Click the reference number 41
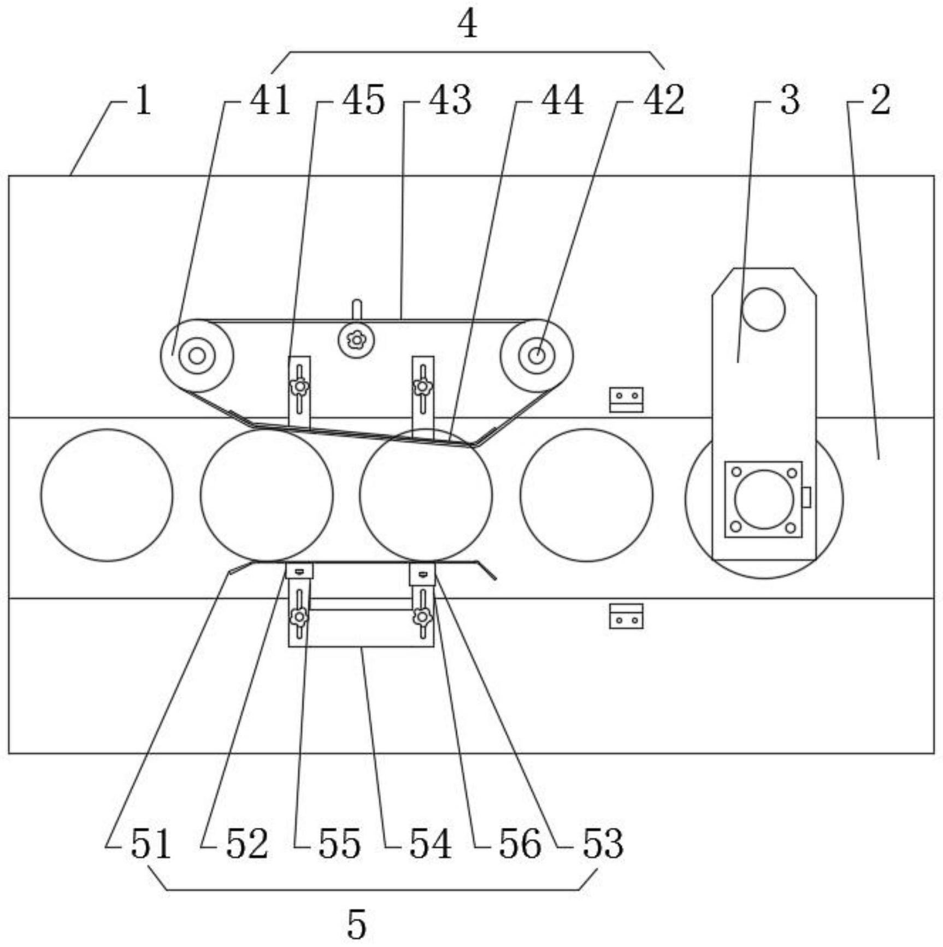tap(270, 101)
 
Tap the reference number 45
tap(363, 101)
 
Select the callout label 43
tap(450, 101)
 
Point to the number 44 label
tap(562, 101)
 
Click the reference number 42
tap(664, 101)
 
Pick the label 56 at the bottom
tap(520, 844)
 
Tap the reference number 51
tap(151, 844)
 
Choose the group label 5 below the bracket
tap(356, 925)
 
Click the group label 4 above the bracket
tap(467, 25)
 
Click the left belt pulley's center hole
tap(197, 356)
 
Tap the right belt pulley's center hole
tap(537, 356)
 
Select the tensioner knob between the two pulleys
tap(356, 340)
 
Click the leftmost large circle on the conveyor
tap(107, 495)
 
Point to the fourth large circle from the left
tap(586, 495)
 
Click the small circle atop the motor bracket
tap(763, 309)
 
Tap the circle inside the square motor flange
tap(764, 499)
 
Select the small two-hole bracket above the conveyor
tap(626, 400)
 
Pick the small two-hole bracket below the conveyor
tap(626, 616)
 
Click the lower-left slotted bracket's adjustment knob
tap(299, 617)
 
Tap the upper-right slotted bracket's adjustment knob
tap(422, 387)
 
